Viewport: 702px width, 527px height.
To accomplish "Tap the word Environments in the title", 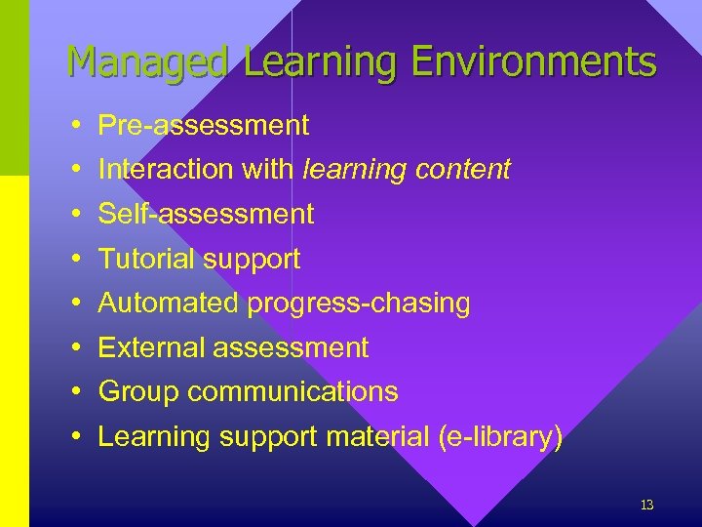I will click(x=533, y=62).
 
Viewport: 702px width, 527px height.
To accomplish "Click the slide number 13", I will click(x=646, y=505).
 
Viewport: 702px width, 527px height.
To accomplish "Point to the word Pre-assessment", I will click(x=204, y=125).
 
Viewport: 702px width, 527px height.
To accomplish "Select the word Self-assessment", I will click(x=206, y=214).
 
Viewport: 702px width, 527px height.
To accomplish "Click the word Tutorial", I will click(x=145, y=259).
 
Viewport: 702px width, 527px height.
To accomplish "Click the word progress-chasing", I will click(x=358, y=303).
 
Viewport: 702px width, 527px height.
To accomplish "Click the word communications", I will click(x=292, y=391).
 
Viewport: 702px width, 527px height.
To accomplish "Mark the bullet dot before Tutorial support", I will click(x=75, y=260).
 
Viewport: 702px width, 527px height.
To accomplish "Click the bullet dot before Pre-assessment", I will click(x=75, y=126).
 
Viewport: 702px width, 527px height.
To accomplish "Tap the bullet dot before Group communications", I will click(x=75, y=392).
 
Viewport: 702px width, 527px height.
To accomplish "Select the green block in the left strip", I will click(x=14, y=88).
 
